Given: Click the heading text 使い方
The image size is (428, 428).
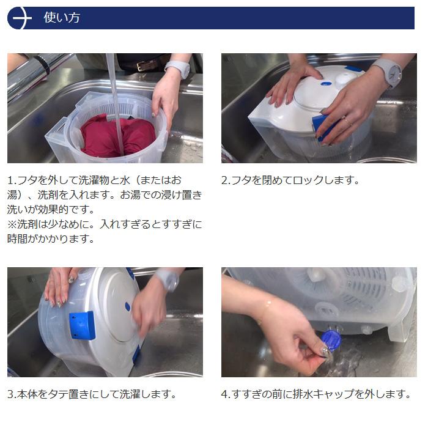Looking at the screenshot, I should click(62, 18).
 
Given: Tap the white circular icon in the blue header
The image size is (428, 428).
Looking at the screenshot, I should click(20, 18).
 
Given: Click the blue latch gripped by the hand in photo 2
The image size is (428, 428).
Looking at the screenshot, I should click(322, 127).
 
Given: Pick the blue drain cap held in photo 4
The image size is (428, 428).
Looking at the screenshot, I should click(331, 340).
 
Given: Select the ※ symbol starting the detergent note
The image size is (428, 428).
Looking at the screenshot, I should click(12, 224).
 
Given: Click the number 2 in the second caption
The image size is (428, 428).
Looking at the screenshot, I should click(224, 181).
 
